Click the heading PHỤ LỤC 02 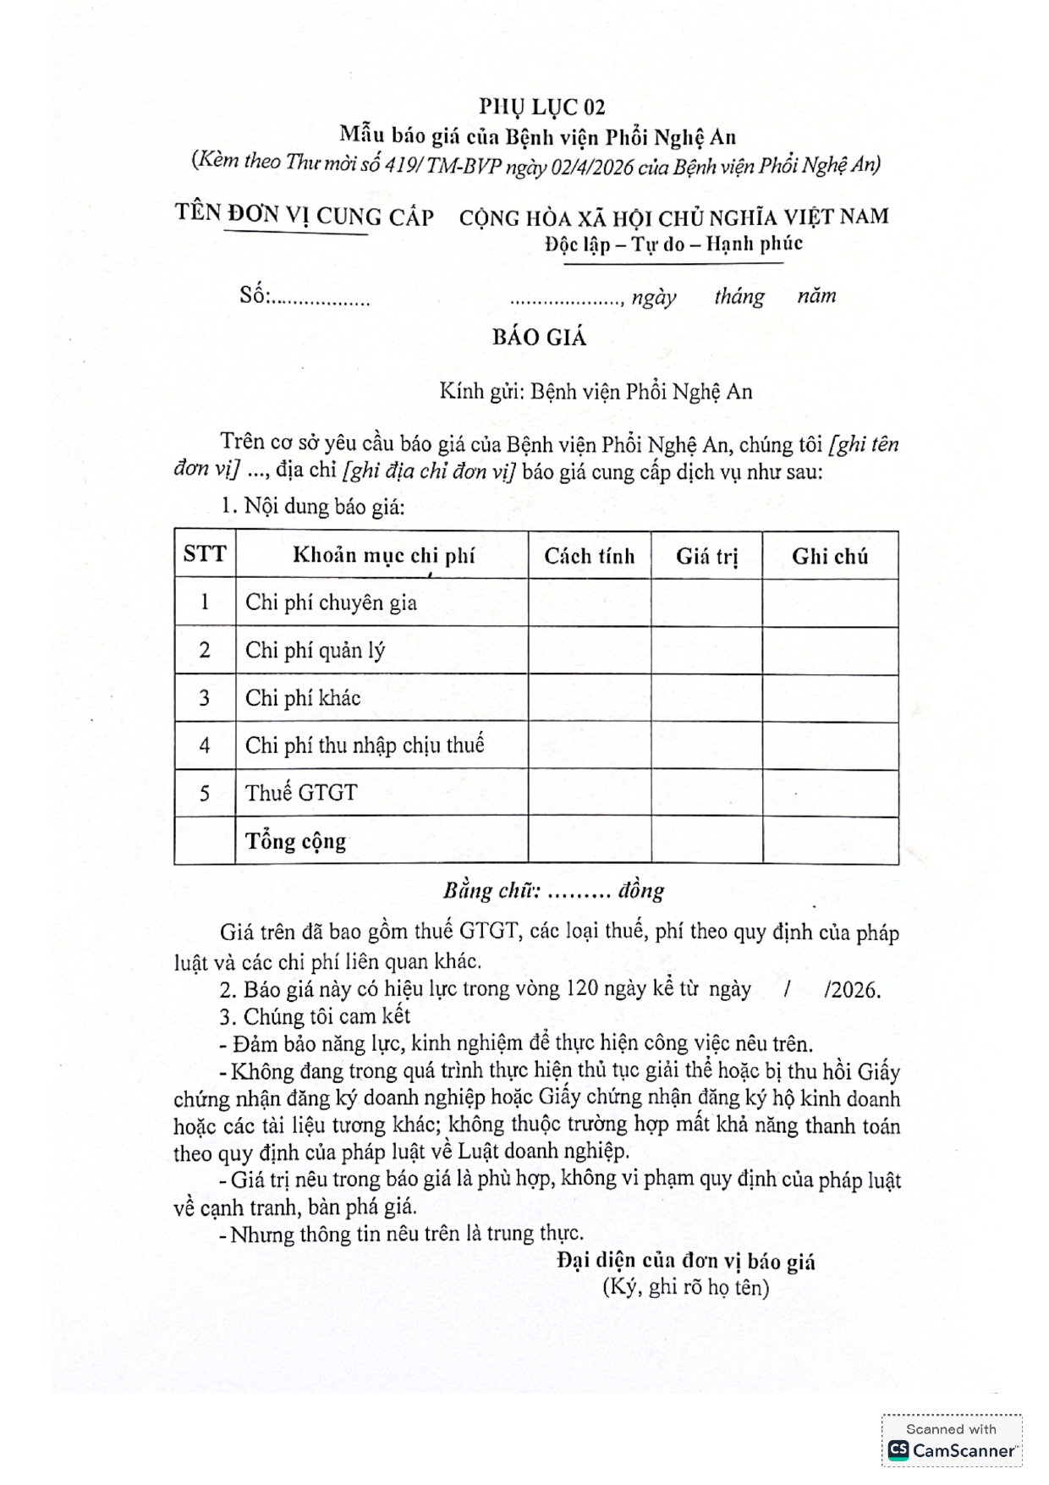[x=541, y=107]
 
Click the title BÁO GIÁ [x=539, y=338]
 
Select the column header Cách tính [x=589, y=556]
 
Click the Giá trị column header [x=706, y=556]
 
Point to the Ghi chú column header [x=829, y=556]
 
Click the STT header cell [x=204, y=554]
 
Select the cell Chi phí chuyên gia [x=331, y=602]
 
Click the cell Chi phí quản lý [x=315, y=650]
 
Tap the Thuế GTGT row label [x=301, y=793]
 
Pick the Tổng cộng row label [x=295, y=841]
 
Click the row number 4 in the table [x=204, y=745]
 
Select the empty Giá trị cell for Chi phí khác [x=706, y=698]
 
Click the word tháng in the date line [x=739, y=296]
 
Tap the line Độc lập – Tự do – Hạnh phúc [x=673, y=245]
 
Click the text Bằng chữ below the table [x=491, y=890]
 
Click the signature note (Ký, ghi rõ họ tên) [x=685, y=1288]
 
